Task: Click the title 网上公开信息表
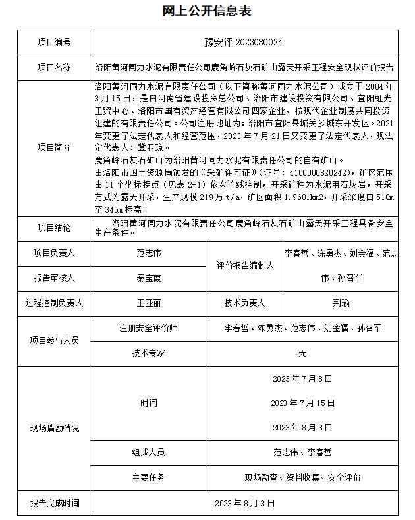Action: click(207, 11)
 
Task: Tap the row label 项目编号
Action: click(55, 42)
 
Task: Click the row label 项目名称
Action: click(55, 67)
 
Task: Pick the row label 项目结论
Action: click(55, 227)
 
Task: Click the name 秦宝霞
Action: click(148, 278)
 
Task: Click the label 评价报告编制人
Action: click(245, 265)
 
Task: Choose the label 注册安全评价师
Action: click(148, 328)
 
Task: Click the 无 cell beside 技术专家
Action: click(302, 353)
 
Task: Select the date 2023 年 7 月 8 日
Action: click(302, 379)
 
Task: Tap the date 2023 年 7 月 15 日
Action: click(302, 403)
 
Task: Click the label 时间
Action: click(148, 403)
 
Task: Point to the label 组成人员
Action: click(148, 452)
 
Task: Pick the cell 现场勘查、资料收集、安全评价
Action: click(302, 477)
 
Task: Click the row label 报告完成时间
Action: click(55, 503)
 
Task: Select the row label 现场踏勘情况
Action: click(55, 429)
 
